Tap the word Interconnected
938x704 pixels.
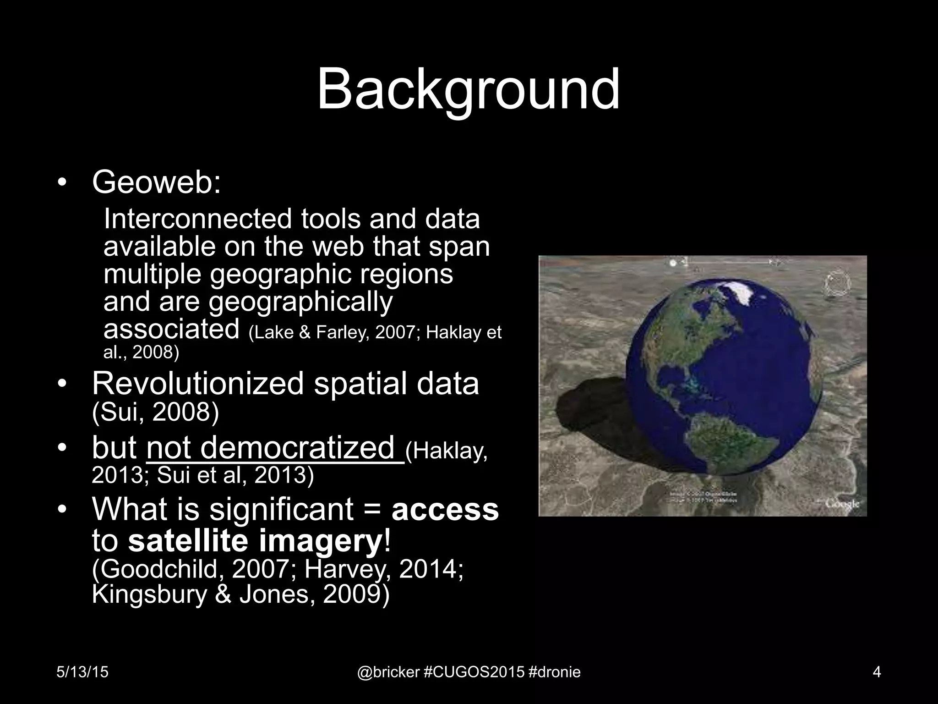click(x=197, y=219)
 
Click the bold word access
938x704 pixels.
click(x=445, y=509)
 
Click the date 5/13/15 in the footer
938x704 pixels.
click(x=82, y=672)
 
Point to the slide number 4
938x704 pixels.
click(x=877, y=672)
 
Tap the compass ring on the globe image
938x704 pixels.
click(x=837, y=284)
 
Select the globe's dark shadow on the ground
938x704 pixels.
click(x=591, y=412)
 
